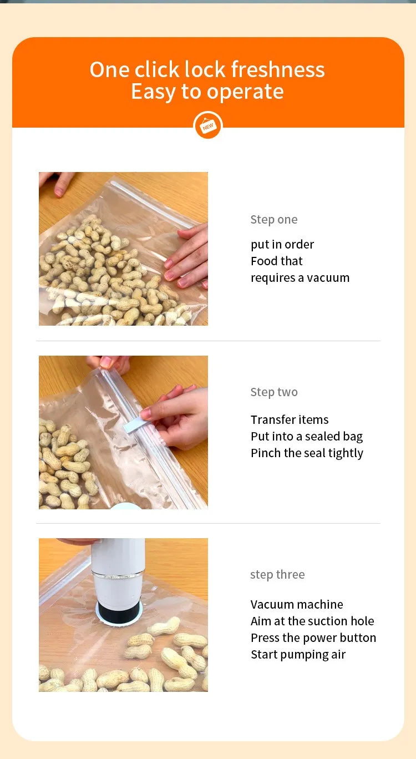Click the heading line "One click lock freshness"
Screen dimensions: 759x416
coord(207,70)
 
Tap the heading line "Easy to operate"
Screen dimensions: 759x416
coord(207,92)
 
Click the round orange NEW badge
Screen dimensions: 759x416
coord(208,126)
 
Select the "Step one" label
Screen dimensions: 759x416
coord(273,220)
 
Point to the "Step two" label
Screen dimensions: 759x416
coord(273,392)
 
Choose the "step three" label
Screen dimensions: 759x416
coord(277,575)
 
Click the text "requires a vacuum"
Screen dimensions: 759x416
coord(300,278)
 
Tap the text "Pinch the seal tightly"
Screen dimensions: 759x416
coord(307,453)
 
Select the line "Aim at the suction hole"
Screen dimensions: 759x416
coord(312,621)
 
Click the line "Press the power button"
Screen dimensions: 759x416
coord(313,638)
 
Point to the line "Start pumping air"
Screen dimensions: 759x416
coord(298,655)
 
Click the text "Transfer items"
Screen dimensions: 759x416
coord(290,420)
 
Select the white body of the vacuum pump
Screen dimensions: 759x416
coord(118,566)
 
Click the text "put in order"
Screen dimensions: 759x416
coord(282,245)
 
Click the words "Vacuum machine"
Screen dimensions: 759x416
coord(297,605)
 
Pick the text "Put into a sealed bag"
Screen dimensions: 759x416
coord(307,437)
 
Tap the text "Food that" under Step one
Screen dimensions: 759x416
coord(276,261)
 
